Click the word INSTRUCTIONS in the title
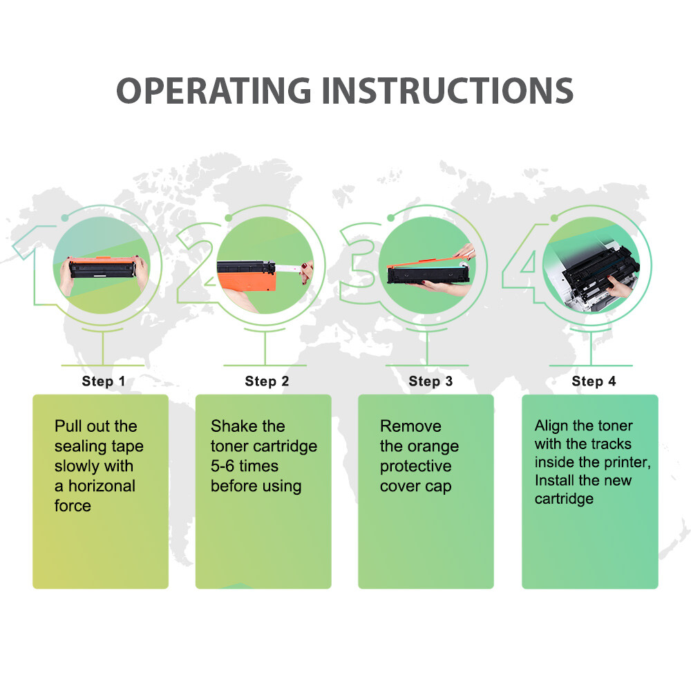coord(448,91)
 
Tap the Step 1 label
coord(104,381)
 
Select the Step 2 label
coord(267,381)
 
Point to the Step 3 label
coord(430,381)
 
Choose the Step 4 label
coord(594,381)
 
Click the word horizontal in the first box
coord(102,486)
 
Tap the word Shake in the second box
coord(233,426)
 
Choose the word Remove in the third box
coord(410,426)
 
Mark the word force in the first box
coord(73,506)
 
